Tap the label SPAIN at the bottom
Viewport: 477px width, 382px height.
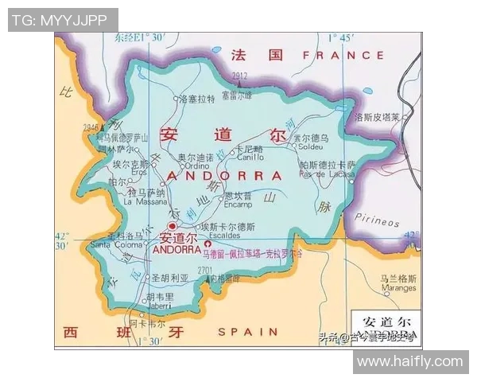tap(248, 331)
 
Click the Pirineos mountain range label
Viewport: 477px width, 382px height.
tap(377, 220)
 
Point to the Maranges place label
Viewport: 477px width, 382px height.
tap(397, 287)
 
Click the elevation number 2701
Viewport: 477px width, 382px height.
tap(205, 271)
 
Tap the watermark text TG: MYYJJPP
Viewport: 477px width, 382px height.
tap(63, 20)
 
